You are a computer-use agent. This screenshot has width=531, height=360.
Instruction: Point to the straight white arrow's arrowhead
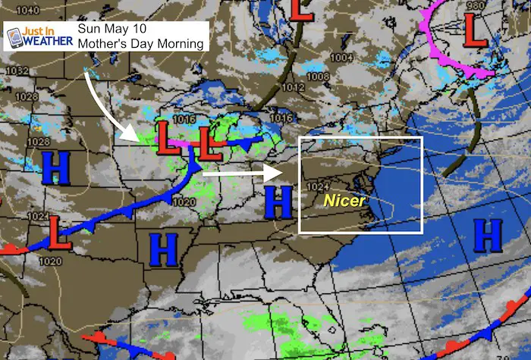[x=272, y=173]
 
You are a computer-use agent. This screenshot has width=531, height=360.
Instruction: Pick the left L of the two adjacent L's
[x=168, y=137]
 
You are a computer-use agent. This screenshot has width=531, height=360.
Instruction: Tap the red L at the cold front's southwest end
[x=57, y=233]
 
